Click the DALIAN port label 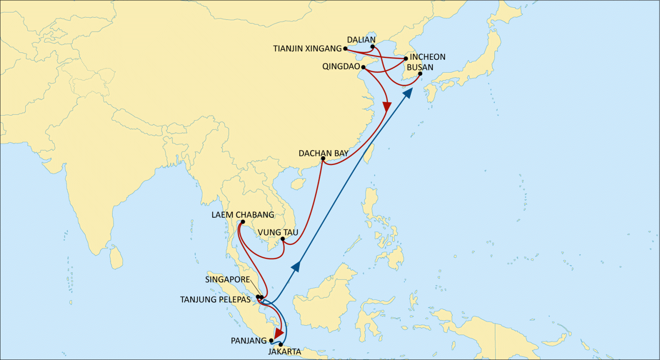(x=361, y=40)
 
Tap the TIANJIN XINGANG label (x=307, y=49)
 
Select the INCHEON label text (x=428, y=57)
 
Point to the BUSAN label (x=420, y=67)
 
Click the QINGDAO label (x=341, y=67)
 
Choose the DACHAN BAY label (x=324, y=153)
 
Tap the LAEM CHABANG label (x=243, y=215)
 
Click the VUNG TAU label (x=278, y=233)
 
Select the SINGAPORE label (x=227, y=280)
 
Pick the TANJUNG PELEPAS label (x=215, y=299)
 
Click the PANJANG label (x=249, y=341)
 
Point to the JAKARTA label (x=284, y=352)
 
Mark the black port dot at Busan (x=420, y=74)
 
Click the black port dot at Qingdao (x=364, y=67)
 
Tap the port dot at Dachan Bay (x=323, y=159)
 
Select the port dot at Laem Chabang (x=243, y=222)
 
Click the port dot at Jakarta (x=281, y=345)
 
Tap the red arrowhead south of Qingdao (x=388, y=106)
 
